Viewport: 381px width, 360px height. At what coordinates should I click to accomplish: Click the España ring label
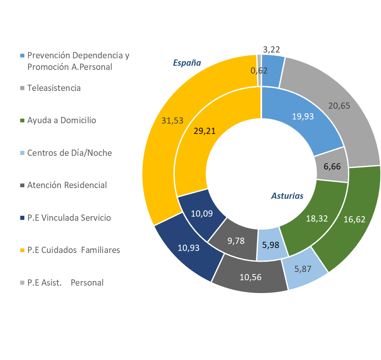187,63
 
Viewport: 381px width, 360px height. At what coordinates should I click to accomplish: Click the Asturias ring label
287,196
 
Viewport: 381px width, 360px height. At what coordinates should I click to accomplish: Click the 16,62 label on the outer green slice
354,219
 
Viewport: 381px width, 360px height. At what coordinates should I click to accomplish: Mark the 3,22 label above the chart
272,49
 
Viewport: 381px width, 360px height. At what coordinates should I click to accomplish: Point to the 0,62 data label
259,71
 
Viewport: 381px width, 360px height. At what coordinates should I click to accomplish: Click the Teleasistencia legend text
54,88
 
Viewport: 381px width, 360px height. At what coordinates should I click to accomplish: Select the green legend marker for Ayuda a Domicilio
23,120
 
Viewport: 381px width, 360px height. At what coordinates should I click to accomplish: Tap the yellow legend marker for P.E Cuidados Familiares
23,250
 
